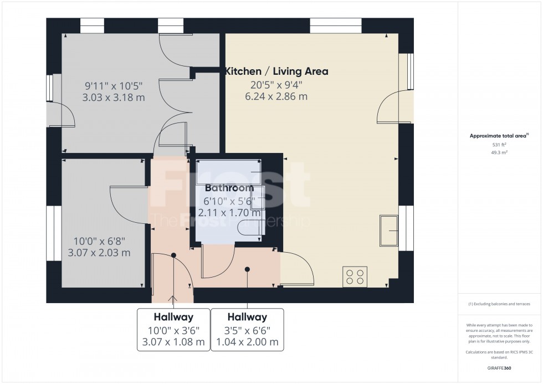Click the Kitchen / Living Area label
[x=276, y=71]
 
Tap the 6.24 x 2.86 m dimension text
[x=276, y=96]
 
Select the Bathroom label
[x=229, y=188]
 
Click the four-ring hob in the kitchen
[x=355, y=277]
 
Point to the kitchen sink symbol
[x=390, y=231]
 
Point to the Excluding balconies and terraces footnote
[x=499, y=304]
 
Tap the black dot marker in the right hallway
[x=247, y=269]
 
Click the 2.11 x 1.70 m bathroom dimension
[x=229, y=213]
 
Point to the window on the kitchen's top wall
[x=336, y=25]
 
